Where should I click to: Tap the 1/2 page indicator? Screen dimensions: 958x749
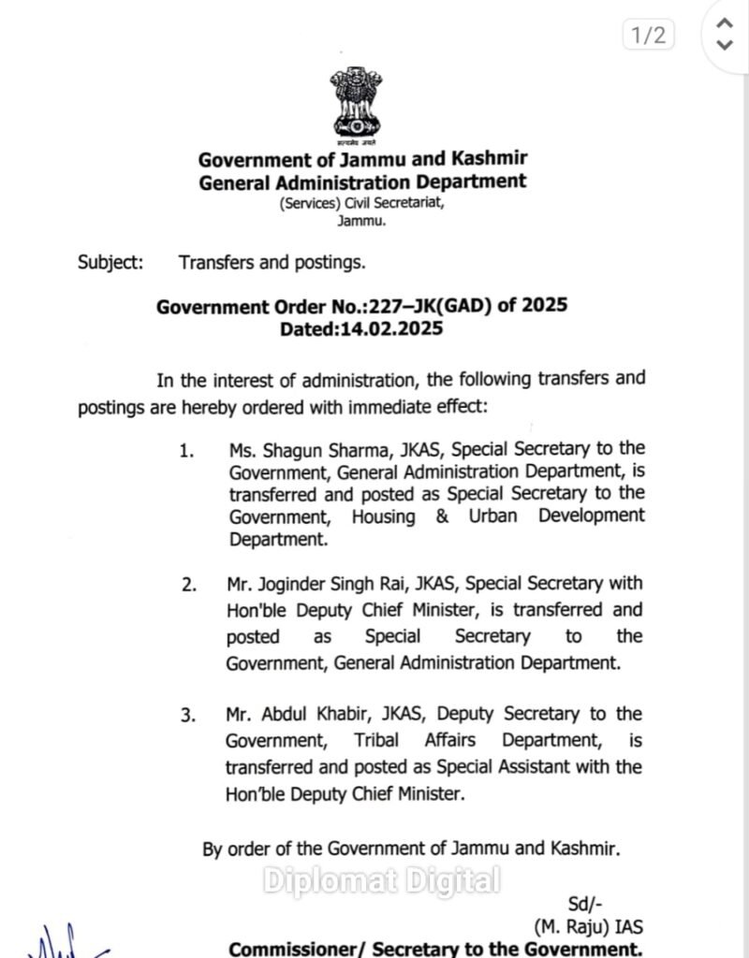click(x=647, y=36)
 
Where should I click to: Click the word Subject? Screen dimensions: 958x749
click(x=110, y=262)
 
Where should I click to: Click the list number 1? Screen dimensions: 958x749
click(x=187, y=451)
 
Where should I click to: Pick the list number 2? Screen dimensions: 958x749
click(x=189, y=586)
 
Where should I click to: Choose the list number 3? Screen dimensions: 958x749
click(x=188, y=716)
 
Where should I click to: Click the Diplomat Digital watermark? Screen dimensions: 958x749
click(x=381, y=880)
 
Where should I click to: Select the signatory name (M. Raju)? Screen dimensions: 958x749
click(x=574, y=927)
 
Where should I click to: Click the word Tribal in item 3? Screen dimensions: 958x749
click(x=376, y=740)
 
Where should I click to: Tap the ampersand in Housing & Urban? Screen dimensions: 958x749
click(x=442, y=516)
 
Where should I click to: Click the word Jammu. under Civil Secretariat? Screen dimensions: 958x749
click(x=361, y=221)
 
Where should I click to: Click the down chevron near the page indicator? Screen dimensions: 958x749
click(x=723, y=44)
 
